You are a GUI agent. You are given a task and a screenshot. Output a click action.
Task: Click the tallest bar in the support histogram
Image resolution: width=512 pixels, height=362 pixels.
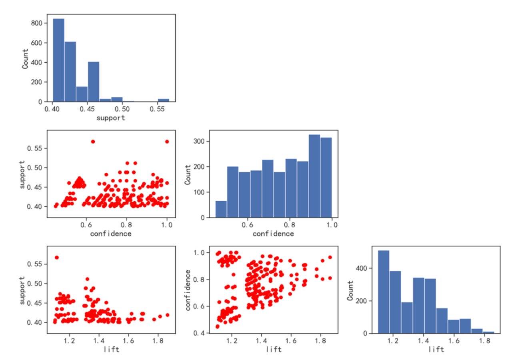[58, 60]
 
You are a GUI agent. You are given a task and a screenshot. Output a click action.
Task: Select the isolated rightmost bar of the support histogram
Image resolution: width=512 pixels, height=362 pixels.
[163, 100]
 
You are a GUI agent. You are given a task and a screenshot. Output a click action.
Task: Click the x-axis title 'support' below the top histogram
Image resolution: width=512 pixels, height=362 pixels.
[110, 118]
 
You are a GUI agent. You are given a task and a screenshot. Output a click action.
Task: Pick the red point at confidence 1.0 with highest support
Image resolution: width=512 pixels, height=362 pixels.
[167, 142]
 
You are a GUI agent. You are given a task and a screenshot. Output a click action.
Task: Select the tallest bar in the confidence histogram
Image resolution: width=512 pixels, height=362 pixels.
[314, 176]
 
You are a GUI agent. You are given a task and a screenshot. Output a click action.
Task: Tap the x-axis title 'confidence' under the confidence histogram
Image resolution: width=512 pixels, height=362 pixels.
[273, 234]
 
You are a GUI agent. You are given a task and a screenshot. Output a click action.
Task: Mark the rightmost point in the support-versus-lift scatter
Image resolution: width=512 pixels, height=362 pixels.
[167, 315]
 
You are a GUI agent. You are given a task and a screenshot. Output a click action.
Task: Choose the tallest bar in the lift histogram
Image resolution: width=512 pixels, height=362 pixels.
[383, 292]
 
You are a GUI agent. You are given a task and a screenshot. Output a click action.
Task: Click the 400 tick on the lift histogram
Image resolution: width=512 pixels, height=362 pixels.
[366, 268]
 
